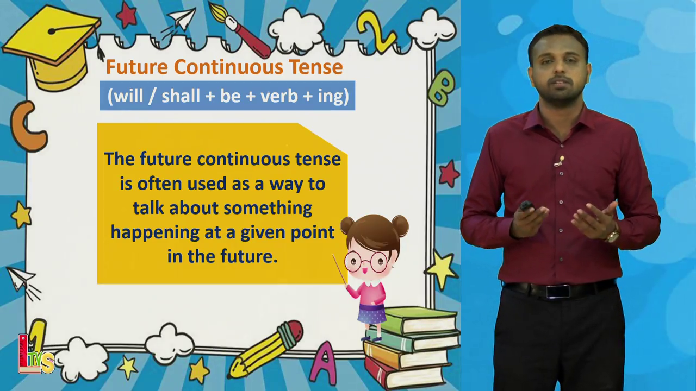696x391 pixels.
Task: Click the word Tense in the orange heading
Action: pos(316,67)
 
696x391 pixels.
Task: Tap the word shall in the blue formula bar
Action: pos(181,96)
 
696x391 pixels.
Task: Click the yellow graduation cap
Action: pos(52,47)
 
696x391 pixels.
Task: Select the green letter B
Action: pos(442,87)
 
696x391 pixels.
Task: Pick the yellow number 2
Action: pos(376,31)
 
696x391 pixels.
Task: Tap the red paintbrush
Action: pos(239,29)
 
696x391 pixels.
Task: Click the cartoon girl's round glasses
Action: pos(366,262)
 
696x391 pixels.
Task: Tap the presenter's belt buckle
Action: pos(558,292)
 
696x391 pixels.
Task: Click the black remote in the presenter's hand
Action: pos(526,206)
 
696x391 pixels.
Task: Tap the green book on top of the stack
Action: pos(419,320)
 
